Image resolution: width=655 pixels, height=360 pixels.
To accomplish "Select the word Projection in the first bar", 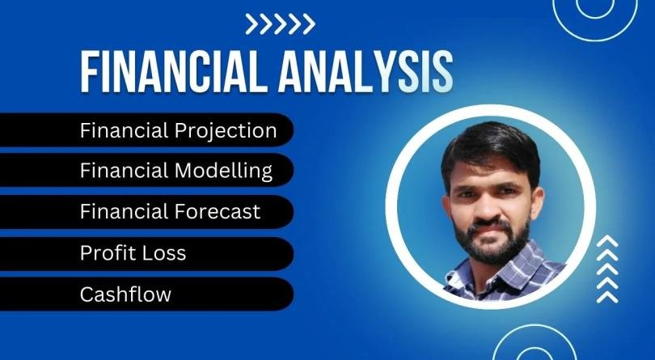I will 226,130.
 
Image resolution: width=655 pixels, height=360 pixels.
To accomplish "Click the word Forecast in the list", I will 218,212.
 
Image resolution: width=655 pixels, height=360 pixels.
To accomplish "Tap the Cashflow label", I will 125,294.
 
